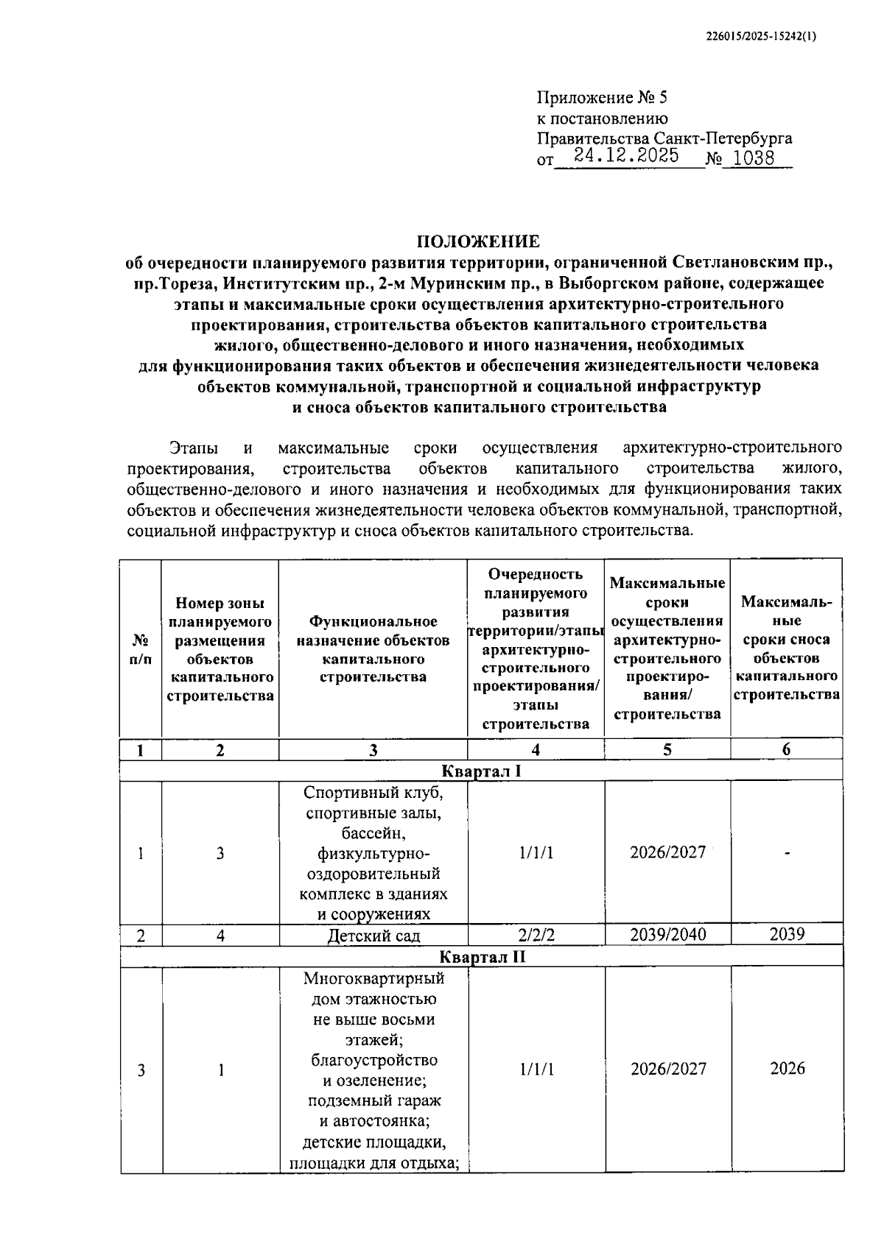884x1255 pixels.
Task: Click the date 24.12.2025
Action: pos(626,155)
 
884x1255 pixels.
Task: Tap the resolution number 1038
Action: pos(754,158)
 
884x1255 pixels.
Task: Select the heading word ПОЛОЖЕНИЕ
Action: pos(479,241)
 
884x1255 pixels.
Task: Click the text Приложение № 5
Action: pos(601,98)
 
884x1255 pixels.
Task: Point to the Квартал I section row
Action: pos(481,771)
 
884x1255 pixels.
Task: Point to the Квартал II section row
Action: pos(481,957)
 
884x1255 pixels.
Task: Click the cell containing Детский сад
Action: pos(373,936)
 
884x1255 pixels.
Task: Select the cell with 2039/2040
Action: pos(667,935)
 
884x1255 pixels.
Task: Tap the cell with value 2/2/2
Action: pos(536,935)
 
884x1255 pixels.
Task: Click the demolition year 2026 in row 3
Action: pos(787,1068)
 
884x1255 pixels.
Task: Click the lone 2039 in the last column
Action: pos(787,935)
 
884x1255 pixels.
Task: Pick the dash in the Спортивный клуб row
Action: pos(787,853)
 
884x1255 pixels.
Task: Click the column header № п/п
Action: pos(141,649)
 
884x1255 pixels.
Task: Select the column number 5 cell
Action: pos(667,749)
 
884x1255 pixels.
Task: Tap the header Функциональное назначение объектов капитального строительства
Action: pos(373,649)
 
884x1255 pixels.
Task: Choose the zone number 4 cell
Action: pos(220,936)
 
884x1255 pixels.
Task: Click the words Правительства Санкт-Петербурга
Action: pos(664,138)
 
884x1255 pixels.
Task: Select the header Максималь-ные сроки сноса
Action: pos(786,648)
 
